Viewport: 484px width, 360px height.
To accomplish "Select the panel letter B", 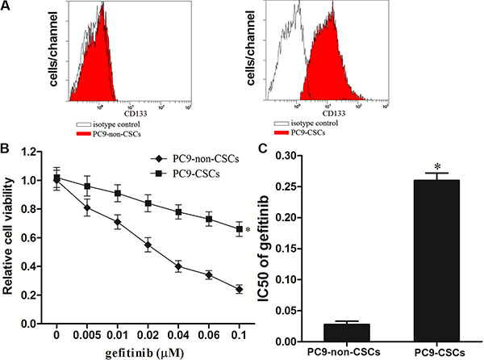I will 6,148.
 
